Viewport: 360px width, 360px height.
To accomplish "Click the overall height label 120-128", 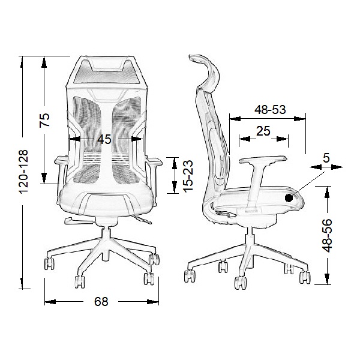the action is (x=23, y=172).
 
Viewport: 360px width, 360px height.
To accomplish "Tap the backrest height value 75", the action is (x=44, y=120).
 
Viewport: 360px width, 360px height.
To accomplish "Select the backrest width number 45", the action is (x=104, y=139).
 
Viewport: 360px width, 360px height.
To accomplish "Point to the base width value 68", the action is (x=101, y=301).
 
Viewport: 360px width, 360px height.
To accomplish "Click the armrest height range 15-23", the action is (x=188, y=176).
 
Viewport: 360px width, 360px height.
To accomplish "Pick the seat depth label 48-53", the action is (x=270, y=110).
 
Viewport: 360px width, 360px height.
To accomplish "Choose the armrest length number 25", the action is (x=263, y=131).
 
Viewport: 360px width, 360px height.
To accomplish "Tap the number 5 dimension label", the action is (x=326, y=158).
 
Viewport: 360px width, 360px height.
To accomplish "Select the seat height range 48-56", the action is (x=327, y=236).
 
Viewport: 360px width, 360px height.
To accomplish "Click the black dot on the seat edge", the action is (x=289, y=198).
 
